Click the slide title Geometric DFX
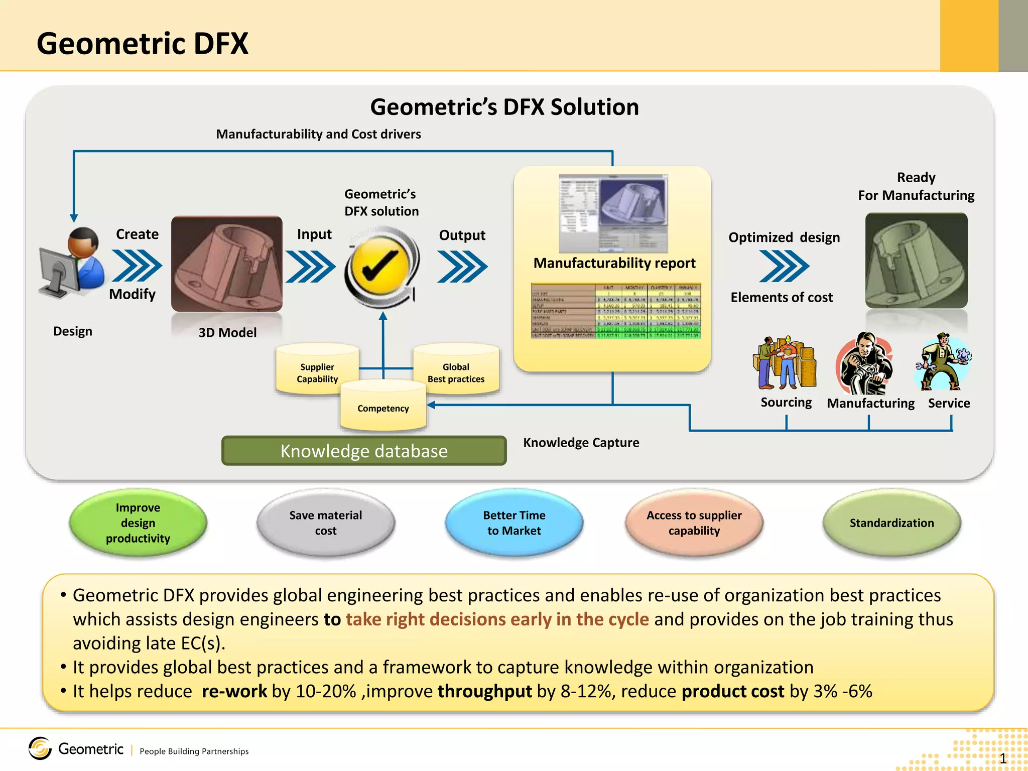click(x=143, y=44)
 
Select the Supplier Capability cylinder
click(x=317, y=370)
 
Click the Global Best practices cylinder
click(x=456, y=370)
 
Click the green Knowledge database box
click(x=364, y=451)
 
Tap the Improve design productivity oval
click(x=138, y=523)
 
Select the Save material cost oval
click(x=325, y=523)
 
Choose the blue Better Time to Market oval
click(x=514, y=523)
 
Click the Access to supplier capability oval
click(x=694, y=523)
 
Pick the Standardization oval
click(x=891, y=523)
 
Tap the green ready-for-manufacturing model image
click(x=916, y=261)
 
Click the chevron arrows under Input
click(x=310, y=267)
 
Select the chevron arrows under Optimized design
click(x=784, y=266)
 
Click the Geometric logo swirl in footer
click(x=40, y=748)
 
